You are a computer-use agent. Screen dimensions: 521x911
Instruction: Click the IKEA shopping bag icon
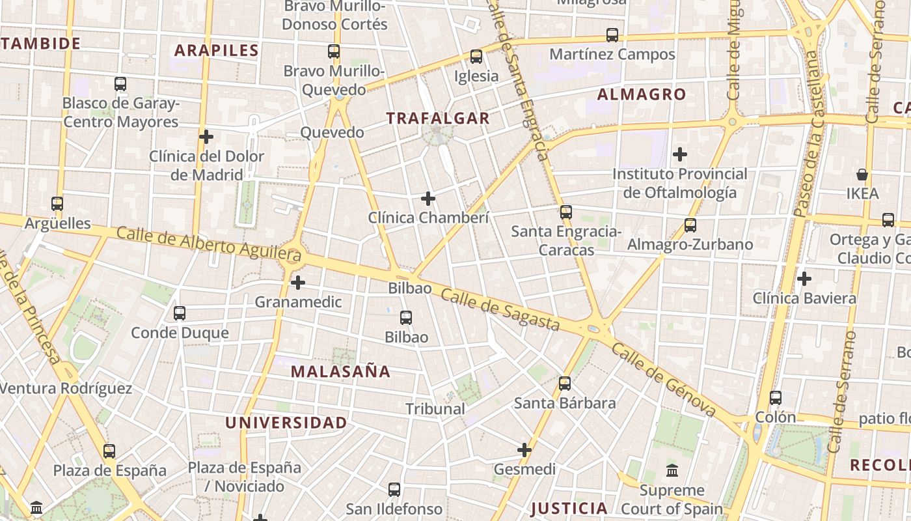click(862, 175)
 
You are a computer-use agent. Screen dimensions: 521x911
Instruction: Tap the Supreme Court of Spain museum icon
click(672, 470)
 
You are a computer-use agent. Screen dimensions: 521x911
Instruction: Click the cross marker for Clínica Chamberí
click(428, 198)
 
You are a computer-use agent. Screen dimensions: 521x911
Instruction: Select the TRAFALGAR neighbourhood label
click(437, 118)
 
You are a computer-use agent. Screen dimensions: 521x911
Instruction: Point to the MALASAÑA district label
click(340, 372)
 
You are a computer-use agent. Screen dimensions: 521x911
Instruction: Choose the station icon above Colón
click(776, 397)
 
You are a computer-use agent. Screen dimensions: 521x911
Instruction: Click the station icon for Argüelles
click(57, 204)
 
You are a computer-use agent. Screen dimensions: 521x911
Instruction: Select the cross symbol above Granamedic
click(298, 283)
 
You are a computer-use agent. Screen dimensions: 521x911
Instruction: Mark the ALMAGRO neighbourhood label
click(642, 94)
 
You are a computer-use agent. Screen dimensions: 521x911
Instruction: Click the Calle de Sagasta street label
click(500, 310)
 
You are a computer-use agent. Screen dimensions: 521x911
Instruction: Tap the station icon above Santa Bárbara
click(565, 384)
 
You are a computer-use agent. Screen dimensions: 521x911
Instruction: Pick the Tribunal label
click(435, 409)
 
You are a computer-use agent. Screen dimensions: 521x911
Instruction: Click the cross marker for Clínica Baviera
click(804, 279)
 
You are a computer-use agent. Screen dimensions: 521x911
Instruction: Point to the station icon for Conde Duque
click(180, 313)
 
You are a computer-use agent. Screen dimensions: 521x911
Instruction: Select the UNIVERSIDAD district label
click(286, 423)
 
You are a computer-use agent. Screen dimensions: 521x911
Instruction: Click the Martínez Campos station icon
click(612, 35)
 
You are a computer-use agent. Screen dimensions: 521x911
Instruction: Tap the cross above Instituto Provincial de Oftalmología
click(680, 154)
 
